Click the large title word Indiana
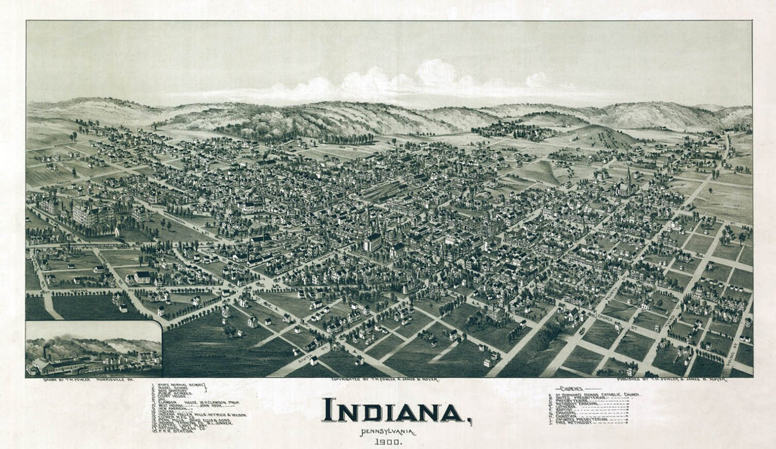(x=393, y=411)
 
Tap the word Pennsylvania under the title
(x=387, y=432)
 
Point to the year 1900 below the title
(x=388, y=442)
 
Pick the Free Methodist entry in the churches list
(x=575, y=423)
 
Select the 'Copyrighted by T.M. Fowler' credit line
(x=384, y=380)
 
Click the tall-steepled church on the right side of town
(x=628, y=182)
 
